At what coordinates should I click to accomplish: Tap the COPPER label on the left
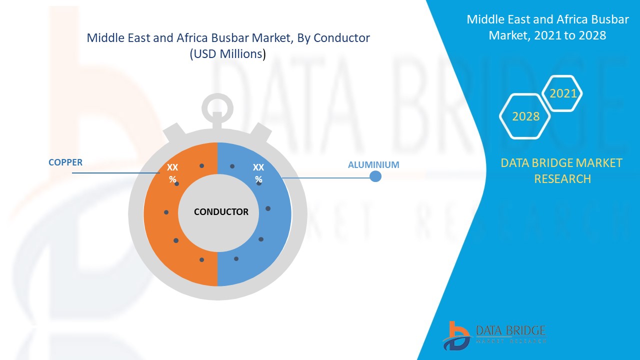65,162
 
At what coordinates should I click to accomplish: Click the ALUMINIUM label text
373,164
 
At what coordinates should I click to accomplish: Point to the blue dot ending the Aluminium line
375,176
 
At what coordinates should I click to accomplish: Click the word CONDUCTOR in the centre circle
221,212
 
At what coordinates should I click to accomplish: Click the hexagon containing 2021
563,93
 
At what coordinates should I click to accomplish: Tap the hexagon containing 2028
525,116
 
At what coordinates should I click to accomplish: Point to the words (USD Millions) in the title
227,54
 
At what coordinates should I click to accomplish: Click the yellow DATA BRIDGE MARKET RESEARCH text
562,170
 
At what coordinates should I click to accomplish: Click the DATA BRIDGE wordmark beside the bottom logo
510,331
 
